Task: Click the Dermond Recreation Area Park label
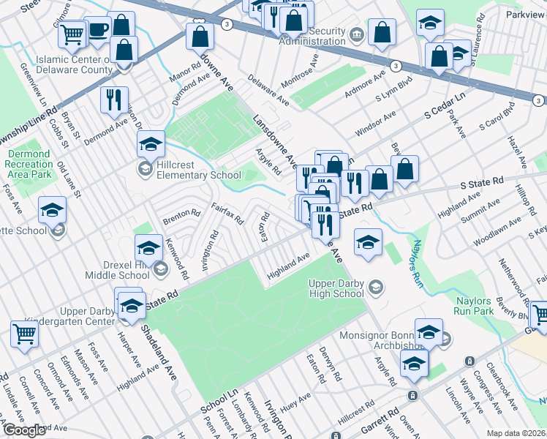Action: pos(30,165)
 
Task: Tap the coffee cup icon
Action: pos(98,29)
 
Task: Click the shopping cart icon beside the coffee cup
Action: pos(72,34)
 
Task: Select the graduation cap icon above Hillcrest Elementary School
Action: pos(151,144)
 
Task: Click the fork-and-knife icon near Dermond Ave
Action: pos(114,100)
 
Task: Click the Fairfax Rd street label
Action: pos(227,214)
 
